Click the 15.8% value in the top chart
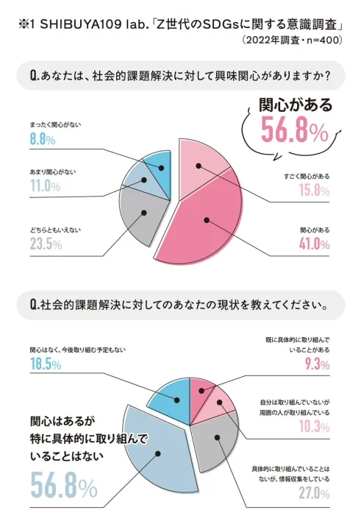315,191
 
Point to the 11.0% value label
45,187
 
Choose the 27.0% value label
314,494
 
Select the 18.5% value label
46,364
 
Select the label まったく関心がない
55,124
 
